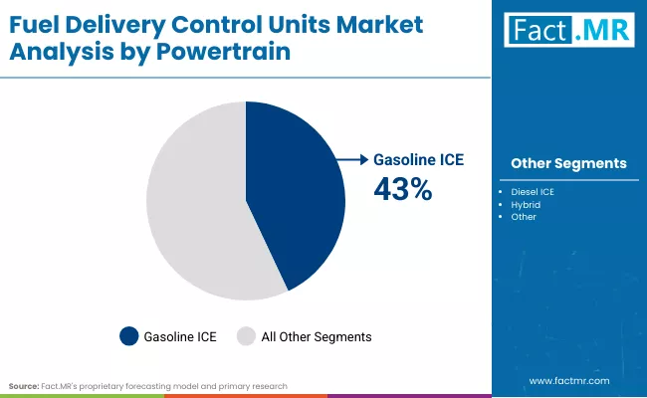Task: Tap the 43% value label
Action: pos(402,188)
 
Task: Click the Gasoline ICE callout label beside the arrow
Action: pos(418,159)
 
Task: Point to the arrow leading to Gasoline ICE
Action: pos(351,158)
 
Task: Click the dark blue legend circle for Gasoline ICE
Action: pos(129,336)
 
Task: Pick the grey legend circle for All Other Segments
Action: pos(245,336)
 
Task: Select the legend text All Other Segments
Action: pos(316,336)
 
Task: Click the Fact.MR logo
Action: pos(568,32)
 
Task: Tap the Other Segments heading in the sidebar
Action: pos(568,163)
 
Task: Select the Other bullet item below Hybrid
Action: pos(523,216)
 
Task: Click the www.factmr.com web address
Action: pos(568,380)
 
